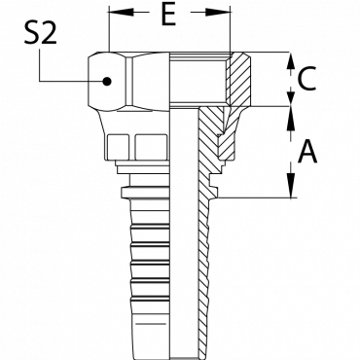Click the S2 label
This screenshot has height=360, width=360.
tap(40, 33)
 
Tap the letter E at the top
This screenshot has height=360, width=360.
tap(168, 15)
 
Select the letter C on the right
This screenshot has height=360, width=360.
tap(306, 79)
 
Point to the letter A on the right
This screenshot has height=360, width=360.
tap(306, 152)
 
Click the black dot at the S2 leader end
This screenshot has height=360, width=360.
tap(107, 81)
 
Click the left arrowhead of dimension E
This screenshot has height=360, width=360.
tap(121, 13)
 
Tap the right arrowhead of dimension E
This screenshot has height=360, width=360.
tap(218, 13)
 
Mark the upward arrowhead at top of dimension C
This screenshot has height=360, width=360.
tap(291, 60)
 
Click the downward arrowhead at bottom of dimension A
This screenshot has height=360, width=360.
tap(291, 185)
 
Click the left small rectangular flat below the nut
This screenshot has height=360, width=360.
tap(118, 147)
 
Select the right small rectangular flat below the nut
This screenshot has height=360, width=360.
tap(151, 147)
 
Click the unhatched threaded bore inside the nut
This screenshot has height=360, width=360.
tap(198, 79)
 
